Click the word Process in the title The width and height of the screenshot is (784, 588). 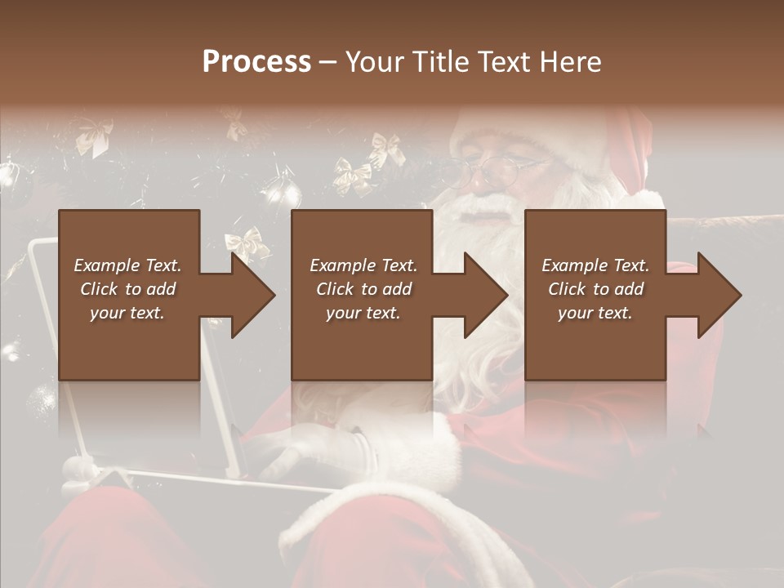(256, 62)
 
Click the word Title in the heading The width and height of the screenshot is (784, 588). (439, 62)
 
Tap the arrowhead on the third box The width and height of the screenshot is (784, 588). (718, 295)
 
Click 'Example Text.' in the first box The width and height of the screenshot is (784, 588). (127, 265)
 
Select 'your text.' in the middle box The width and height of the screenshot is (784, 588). (363, 313)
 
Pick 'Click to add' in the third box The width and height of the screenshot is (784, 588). (596, 289)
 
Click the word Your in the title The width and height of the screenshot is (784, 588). (375, 62)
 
